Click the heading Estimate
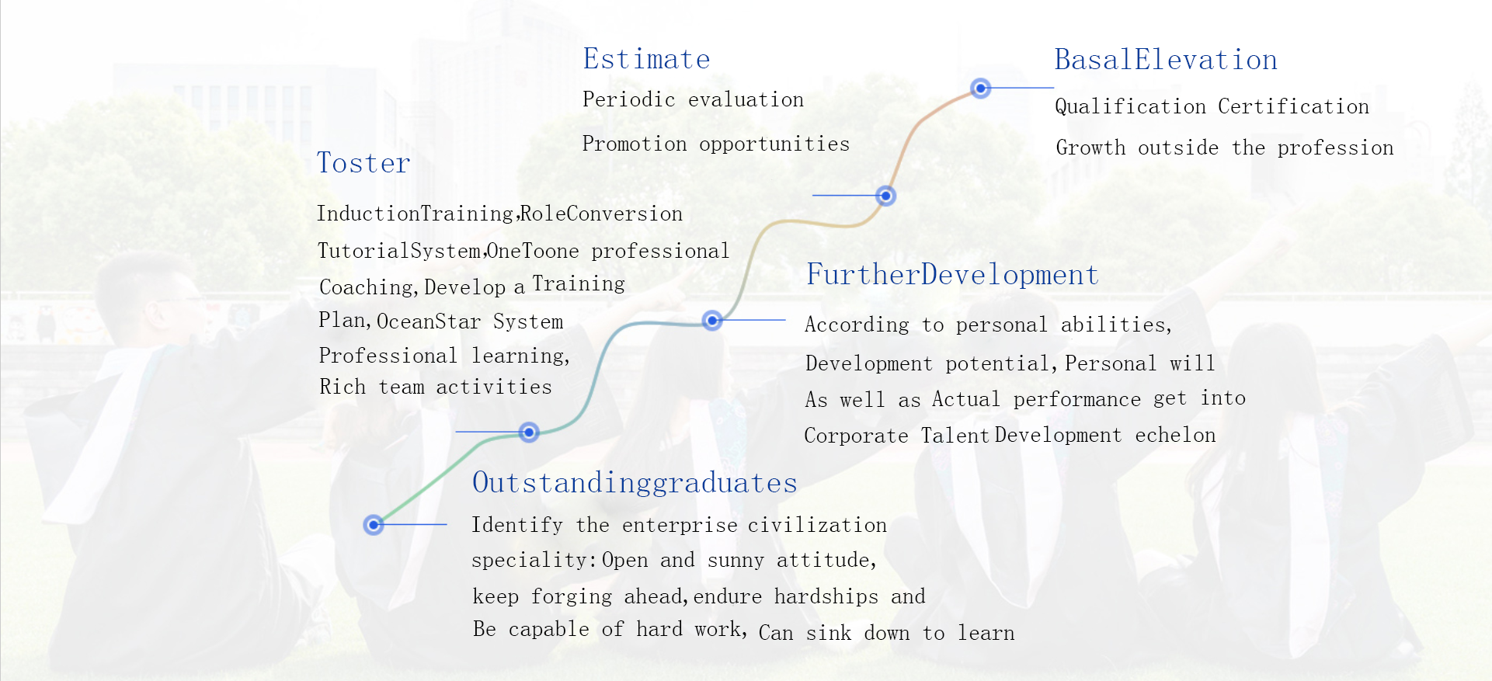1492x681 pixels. (646, 59)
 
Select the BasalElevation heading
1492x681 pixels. (1166, 60)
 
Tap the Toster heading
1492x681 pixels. (363, 163)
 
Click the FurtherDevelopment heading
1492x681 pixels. (952, 275)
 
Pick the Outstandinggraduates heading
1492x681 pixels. (635, 483)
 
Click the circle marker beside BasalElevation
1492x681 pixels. (981, 89)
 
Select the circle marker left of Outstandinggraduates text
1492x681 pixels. (374, 525)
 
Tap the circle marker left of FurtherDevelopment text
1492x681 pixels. (712, 320)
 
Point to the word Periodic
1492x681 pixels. (629, 99)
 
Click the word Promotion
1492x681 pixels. (635, 144)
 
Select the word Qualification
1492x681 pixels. (1130, 106)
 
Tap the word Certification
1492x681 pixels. (1293, 106)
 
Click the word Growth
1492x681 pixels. (1090, 148)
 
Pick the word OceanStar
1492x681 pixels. (429, 321)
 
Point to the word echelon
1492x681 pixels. (1175, 435)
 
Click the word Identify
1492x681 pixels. (517, 526)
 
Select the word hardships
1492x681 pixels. (826, 596)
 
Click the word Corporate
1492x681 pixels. (856, 436)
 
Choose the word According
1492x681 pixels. (857, 325)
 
